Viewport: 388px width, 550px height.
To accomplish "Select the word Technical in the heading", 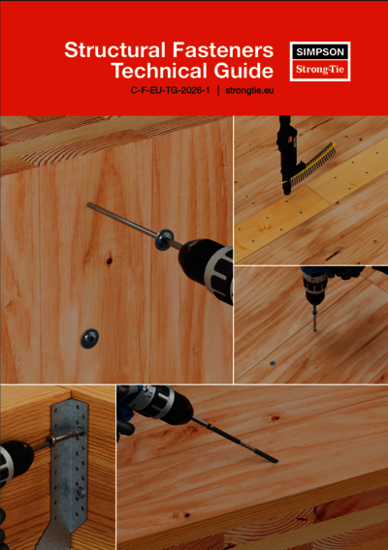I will [x=156, y=71].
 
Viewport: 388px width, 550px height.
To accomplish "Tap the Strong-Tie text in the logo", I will [x=320, y=70].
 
